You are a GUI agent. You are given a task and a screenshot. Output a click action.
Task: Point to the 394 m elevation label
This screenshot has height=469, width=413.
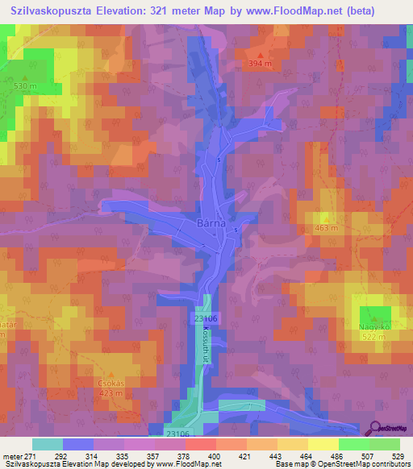coord(260,64)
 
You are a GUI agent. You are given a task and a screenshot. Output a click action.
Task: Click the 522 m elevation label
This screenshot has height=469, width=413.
coord(372,338)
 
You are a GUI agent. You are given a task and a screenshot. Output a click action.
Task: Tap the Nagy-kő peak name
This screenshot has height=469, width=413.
coord(372,327)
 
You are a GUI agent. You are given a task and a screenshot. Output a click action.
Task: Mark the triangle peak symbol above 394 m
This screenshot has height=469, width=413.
coord(260,53)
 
